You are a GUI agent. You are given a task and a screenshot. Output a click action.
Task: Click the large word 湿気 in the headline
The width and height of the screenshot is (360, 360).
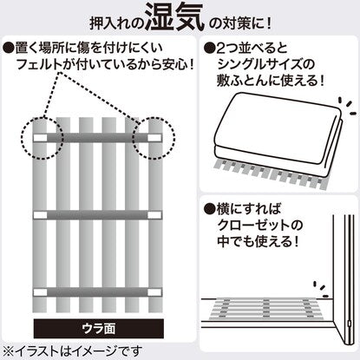[174, 17]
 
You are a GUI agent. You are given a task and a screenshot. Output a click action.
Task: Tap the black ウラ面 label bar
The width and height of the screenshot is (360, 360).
[99, 329]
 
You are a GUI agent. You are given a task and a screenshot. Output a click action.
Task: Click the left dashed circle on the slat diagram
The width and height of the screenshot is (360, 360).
[43, 138]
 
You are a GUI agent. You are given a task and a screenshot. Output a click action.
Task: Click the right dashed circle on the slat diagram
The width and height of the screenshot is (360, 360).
[154, 138]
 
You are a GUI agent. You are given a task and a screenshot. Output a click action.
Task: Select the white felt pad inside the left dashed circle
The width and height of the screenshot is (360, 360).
[40, 138]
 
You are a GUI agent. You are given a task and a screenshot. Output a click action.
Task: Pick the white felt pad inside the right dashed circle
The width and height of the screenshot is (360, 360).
[154, 138]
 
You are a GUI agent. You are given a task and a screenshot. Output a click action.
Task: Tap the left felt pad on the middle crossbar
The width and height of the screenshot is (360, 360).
[40, 215]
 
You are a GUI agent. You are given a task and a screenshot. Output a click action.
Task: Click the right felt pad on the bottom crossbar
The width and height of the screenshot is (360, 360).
[154, 292]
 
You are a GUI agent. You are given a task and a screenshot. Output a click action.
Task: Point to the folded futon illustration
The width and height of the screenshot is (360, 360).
[279, 133]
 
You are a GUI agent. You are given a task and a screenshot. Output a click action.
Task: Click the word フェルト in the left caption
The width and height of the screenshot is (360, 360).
[39, 64]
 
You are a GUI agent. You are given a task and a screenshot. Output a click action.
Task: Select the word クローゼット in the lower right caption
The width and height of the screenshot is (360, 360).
[257, 225]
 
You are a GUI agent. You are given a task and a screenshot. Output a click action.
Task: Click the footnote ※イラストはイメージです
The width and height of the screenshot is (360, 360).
[73, 351]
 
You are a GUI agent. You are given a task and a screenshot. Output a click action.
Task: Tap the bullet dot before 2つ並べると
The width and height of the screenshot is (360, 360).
[209, 49]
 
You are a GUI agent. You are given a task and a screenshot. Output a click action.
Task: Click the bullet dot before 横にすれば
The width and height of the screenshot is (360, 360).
[209, 209]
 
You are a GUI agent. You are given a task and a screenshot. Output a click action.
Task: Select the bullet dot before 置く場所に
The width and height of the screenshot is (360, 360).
[9, 49]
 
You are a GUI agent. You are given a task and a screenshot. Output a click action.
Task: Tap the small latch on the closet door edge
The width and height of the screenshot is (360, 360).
[349, 323]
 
